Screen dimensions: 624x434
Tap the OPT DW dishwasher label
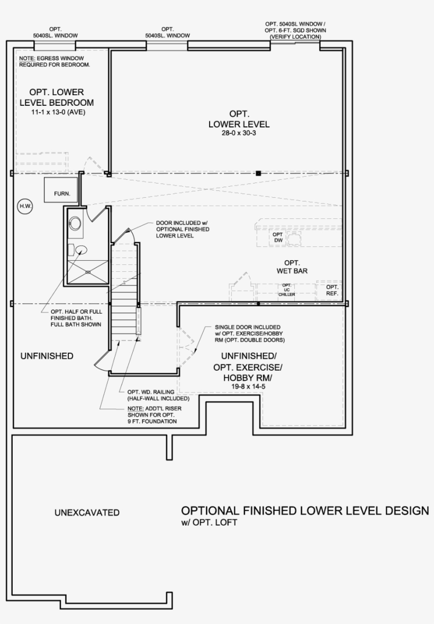coord(277,237)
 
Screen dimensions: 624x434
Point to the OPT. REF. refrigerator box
coord(332,290)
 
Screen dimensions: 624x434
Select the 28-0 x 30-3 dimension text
coord(239,134)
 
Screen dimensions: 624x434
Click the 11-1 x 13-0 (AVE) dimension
coord(58,112)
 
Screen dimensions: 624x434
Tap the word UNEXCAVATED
coord(87,512)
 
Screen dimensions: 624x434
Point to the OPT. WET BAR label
coord(292,267)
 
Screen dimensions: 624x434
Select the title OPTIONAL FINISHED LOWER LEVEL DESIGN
coord(305,511)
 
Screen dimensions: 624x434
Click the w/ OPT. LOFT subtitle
coord(209,523)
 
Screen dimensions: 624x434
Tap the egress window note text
coord(55,61)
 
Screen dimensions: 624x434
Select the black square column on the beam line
coord(258,173)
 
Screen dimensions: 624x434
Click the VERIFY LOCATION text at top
coord(295,37)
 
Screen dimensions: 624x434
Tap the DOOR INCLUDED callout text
coord(183,229)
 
